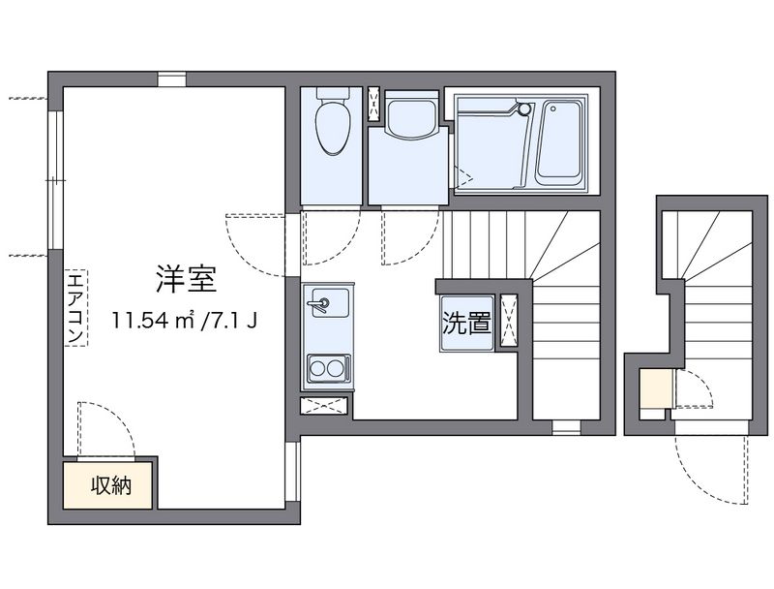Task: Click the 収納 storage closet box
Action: pyautogui.click(x=108, y=485)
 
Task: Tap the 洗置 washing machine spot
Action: pyautogui.click(x=466, y=324)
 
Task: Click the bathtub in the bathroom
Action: pyautogui.click(x=558, y=142)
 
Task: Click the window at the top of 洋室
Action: pyautogui.click(x=172, y=79)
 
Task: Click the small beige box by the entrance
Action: pyautogui.click(x=655, y=389)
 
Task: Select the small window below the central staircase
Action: pyautogui.click(x=565, y=426)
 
